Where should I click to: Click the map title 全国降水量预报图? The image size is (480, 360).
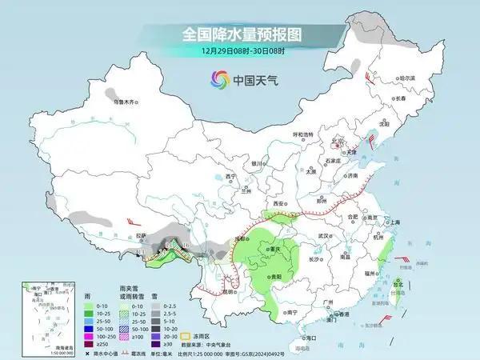coord(239,34)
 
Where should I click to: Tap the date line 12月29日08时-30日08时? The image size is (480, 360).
coord(239,54)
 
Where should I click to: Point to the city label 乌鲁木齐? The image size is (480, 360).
coord(125,102)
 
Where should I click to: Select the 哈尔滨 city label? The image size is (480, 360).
coord(408,78)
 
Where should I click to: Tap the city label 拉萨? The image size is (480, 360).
coord(141,236)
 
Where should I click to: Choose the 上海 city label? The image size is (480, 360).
coord(393,222)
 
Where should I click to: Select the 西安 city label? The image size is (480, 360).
coord(279,205)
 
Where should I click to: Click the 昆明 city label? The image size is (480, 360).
coord(230,291)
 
